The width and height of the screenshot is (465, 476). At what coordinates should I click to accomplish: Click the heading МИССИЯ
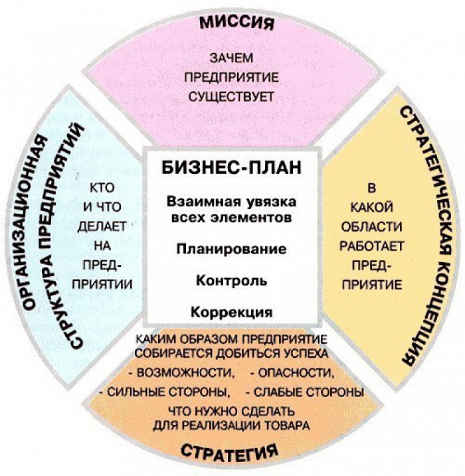pos(237,23)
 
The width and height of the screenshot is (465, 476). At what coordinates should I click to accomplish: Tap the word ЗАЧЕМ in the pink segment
pos(231,58)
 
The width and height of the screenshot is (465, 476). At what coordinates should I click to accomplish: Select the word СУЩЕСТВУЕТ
pos(231,97)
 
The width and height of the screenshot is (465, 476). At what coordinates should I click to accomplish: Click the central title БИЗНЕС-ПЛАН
pos(231,167)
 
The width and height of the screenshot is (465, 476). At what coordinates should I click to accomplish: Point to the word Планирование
pos(231,249)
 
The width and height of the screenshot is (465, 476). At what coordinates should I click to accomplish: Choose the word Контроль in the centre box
pos(231,281)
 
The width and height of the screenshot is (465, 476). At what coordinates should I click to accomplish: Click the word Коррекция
pos(231,312)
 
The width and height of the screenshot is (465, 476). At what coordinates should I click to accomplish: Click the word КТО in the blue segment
pos(102,188)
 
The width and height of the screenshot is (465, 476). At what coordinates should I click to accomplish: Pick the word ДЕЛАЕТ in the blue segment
pos(102,226)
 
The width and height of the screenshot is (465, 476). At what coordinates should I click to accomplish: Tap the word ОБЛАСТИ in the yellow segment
pos(372,227)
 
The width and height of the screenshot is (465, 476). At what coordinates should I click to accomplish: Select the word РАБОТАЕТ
pos(372,246)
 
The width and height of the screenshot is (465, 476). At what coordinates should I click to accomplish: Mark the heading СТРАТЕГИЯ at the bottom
pos(230,452)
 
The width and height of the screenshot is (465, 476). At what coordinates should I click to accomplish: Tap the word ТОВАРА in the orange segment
pos(288,426)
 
